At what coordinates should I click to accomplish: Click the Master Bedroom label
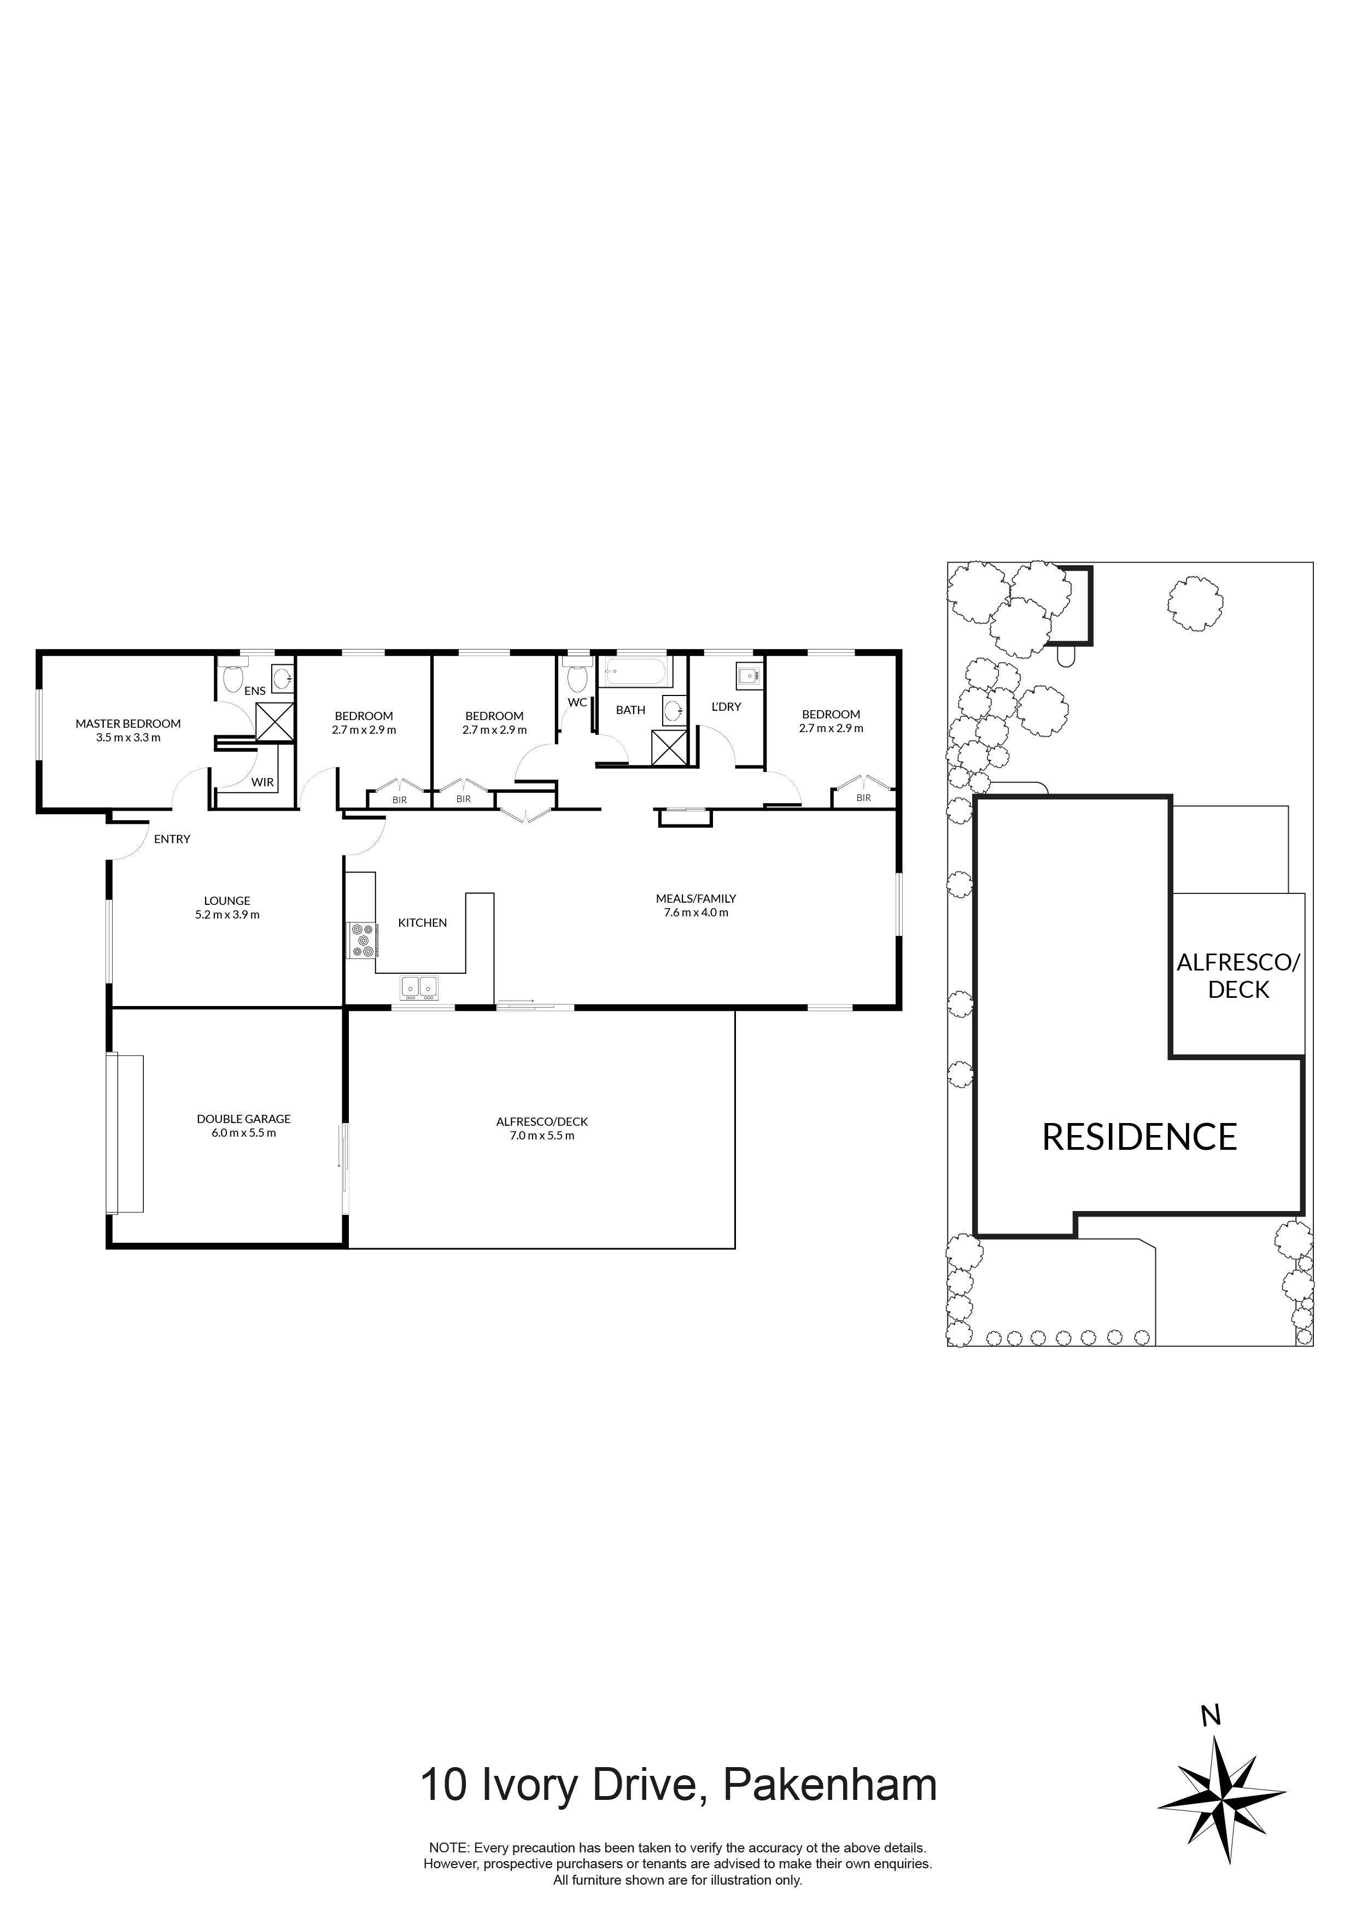[x=128, y=723]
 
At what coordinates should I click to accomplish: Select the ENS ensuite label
[x=255, y=691]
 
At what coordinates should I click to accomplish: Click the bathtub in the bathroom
[x=636, y=670]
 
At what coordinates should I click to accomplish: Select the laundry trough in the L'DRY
[x=747, y=675]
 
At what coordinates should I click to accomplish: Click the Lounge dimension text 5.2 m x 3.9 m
[x=227, y=915]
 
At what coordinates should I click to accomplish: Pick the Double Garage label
[x=244, y=1119]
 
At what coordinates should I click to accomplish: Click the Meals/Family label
[x=696, y=899]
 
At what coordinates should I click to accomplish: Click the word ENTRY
[x=172, y=839]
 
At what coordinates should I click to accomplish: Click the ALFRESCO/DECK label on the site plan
[x=1238, y=976]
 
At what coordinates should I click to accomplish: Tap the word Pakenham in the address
[x=829, y=1785]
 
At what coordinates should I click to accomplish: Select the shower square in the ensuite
[x=275, y=722]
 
